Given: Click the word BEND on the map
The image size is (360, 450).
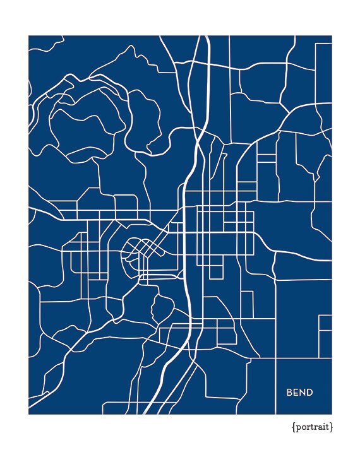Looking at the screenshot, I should tap(299, 393).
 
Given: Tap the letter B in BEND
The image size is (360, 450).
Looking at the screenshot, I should tap(290, 393).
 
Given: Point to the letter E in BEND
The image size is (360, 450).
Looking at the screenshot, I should tap(296, 393).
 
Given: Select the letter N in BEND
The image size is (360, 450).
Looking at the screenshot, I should tap(303, 393).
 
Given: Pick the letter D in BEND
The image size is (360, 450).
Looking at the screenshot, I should tap(309, 393).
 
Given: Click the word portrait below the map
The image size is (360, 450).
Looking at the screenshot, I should tap(312, 427).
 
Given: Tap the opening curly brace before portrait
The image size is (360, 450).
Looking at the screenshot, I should tap(294, 427).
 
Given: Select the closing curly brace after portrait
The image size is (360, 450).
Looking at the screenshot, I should tap(331, 427).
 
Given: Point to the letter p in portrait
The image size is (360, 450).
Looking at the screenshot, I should tap(298, 428).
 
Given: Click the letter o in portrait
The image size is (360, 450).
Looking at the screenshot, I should tap(303, 427).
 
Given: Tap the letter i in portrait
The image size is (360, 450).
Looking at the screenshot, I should tap(323, 427).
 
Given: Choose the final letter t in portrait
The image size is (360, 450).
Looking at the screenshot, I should tap(327, 427).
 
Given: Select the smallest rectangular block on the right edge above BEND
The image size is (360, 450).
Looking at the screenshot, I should tap(325, 323).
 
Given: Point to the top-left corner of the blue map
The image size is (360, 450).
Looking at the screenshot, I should tap(28, 36).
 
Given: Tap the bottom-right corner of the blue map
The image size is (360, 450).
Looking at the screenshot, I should tap(332, 414).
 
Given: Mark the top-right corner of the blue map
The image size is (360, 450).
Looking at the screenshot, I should tap(332, 36).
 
